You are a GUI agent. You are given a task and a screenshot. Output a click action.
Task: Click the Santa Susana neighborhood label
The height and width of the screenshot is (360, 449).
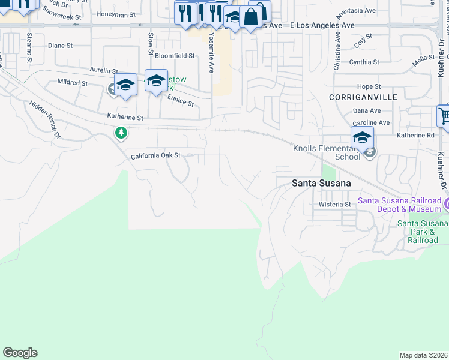coord(321,183)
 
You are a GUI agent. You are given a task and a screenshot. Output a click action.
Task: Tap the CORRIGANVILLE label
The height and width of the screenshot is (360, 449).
coord(355,97)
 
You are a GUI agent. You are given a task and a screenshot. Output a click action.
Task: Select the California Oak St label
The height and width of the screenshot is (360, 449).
coord(156,155)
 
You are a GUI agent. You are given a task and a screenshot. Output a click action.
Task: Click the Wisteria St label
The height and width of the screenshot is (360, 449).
coord(334,205)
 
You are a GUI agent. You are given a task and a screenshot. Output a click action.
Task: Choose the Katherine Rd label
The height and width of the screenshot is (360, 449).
coord(415,136)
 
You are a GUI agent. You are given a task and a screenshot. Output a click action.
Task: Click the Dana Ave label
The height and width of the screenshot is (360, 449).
coord(367,111)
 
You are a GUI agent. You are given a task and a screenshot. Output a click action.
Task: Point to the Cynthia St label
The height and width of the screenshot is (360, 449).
coord(364,62)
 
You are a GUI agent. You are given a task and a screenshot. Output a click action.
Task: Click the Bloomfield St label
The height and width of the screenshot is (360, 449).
coord(175,56)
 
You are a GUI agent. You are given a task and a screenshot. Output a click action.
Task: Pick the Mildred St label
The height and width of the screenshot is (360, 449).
coord(73,82)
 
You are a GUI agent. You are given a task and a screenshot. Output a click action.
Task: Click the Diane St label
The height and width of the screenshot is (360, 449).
coord(60,45)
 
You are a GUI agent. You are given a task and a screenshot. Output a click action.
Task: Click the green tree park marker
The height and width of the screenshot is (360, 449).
coord(121,132)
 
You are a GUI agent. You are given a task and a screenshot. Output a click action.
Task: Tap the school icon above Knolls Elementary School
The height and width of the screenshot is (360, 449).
coord(362,137)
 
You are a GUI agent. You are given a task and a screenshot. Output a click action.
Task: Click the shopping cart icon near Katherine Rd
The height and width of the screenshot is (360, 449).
coord(444,116)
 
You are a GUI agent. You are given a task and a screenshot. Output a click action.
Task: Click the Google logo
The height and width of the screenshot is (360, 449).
coord(20,353)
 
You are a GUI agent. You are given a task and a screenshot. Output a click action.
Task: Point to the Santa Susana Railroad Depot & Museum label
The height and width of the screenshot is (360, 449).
coord(399,205)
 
